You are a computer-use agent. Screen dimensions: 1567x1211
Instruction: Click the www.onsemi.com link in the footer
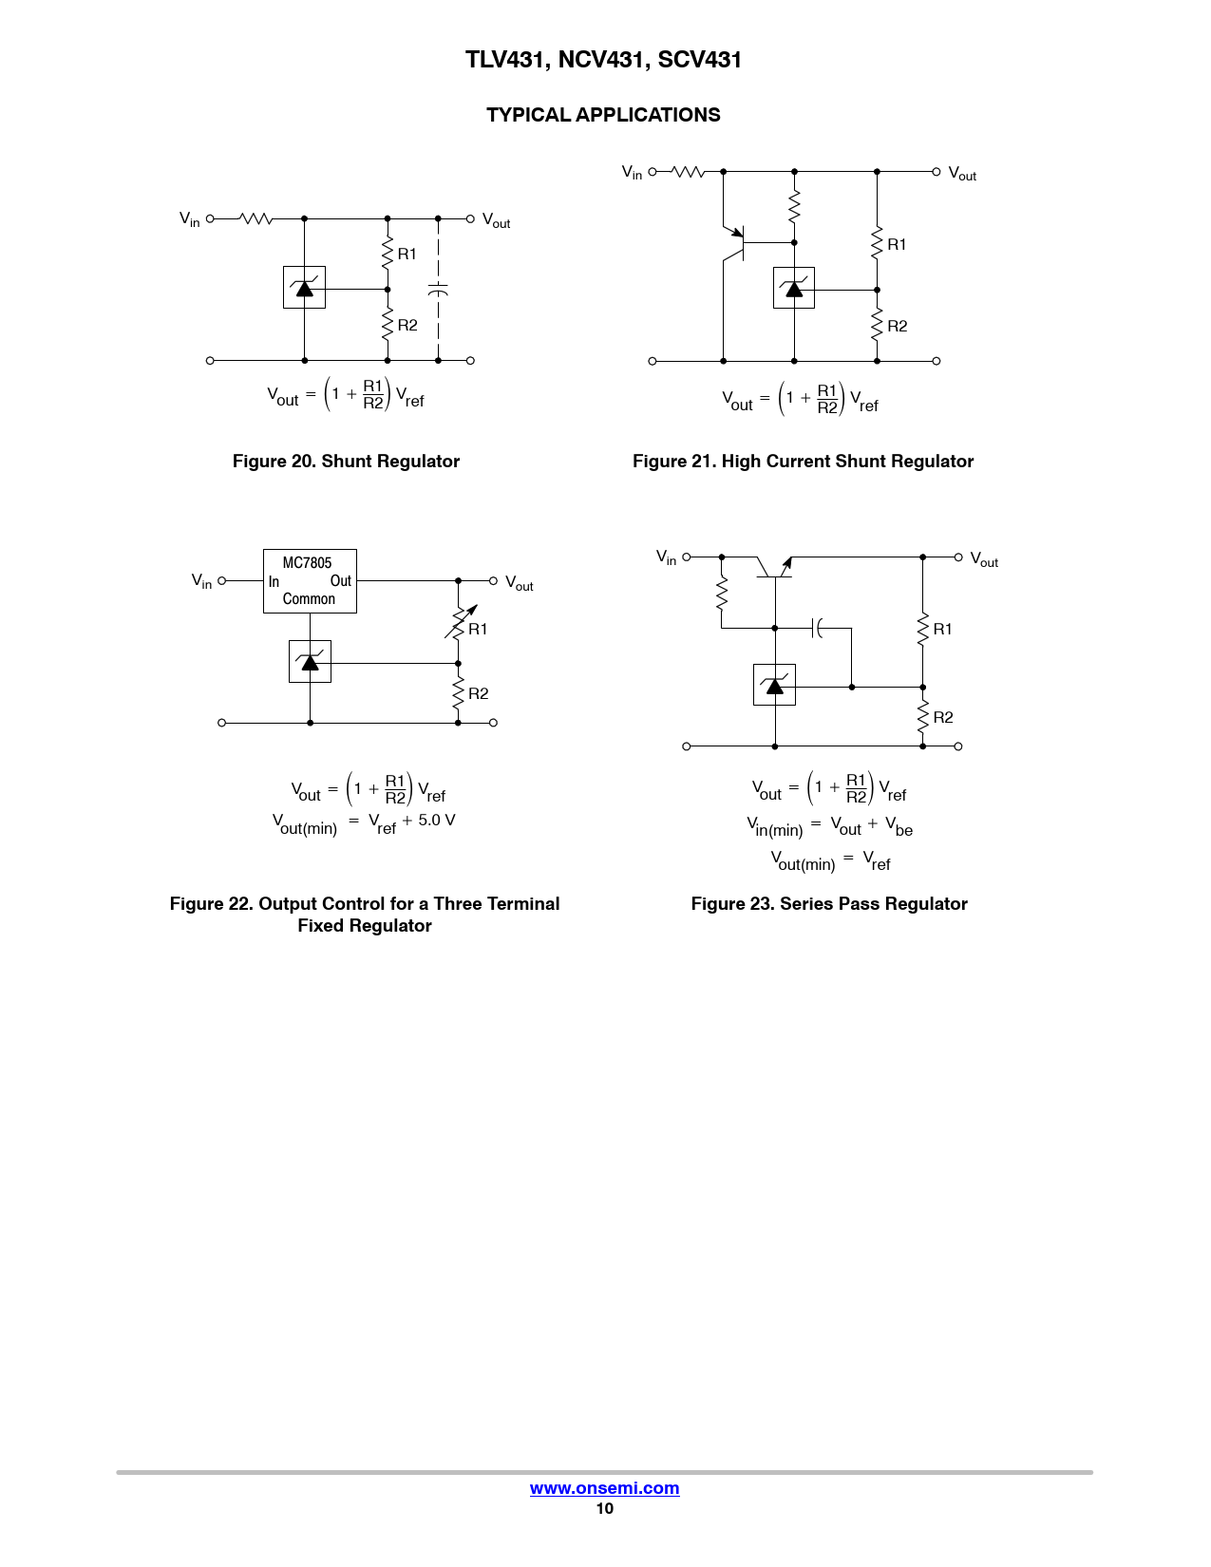pos(604,1488)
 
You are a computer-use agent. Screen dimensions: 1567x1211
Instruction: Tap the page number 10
pos(604,1508)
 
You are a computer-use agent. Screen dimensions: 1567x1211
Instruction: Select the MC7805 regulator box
pos(310,580)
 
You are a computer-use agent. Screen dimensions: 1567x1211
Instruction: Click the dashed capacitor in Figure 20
pos(438,289)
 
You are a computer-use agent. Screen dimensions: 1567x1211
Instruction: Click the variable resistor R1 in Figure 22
pos(460,622)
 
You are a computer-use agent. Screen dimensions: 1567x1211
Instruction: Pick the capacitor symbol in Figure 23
pos(817,628)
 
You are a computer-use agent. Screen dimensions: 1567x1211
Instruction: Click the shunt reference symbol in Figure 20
pos(304,287)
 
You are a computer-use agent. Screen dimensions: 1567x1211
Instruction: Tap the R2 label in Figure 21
pos(897,326)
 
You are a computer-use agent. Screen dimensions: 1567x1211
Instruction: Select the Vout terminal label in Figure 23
pos(984,559)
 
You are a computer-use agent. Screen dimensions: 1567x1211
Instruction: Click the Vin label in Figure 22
pos(201,580)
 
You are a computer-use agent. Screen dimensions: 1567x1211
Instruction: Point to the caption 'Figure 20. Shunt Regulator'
pos(346,462)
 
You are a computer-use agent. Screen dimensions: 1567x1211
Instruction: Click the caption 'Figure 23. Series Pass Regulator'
pos(829,904)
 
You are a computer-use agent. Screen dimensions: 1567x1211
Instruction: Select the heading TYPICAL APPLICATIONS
pos(603,115)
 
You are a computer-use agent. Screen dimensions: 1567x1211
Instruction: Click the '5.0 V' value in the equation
pos(437,820)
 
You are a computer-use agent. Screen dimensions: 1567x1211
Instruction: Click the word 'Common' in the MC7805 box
pos(309,599)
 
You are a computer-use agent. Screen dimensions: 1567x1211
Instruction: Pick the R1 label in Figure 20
pos(407,254)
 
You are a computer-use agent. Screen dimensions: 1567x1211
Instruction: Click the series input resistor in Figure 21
pos(688,172)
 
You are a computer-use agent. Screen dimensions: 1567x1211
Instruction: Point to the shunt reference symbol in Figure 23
pos(774,684)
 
